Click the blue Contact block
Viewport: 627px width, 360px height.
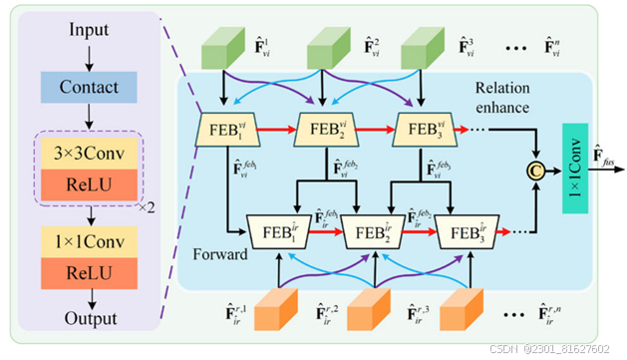[x=88, y=89]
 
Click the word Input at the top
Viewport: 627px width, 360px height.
[x=89, y=30]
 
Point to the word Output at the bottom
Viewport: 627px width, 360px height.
[x=88, y=318]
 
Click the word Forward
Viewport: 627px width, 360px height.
[x=221, y=254]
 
